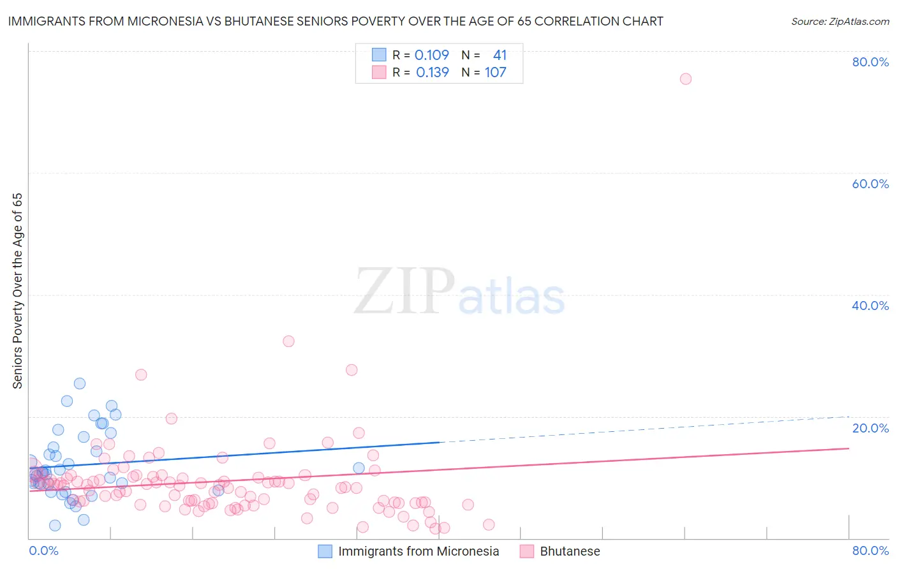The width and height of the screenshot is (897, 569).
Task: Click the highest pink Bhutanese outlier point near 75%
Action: click(686, 79)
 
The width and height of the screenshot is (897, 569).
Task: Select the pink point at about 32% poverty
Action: click(288, 341)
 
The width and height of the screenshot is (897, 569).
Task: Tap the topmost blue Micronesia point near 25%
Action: click(80, 383)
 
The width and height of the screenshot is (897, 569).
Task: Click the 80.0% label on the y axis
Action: click(870, 62)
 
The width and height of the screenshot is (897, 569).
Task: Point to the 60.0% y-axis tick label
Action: click(870, 184)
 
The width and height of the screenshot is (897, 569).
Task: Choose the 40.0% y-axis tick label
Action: click(870, 306)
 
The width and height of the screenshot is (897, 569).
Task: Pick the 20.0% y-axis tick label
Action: click(870, 428)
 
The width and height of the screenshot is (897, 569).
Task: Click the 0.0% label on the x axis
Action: click(43, 551)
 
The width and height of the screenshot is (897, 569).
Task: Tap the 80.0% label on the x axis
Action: click(870, 551)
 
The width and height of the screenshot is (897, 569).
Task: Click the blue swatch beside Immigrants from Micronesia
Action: click(325, 551)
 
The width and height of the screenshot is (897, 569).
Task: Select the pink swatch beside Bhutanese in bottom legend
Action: click(527, 551)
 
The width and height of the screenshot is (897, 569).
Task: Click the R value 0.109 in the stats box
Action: click(432, 55)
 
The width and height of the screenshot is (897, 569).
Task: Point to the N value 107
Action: click(496, 72)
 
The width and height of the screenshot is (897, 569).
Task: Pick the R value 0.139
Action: click(433, 72)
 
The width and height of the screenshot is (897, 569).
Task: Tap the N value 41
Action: click(500, 55)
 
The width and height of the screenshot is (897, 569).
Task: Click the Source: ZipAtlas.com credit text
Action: click(840, 21)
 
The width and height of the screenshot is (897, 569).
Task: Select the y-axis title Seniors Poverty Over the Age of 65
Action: click(18, 290)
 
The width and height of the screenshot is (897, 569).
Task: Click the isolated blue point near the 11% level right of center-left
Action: click(359, 468)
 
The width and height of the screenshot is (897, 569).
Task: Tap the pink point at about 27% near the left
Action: click(141, 374)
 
